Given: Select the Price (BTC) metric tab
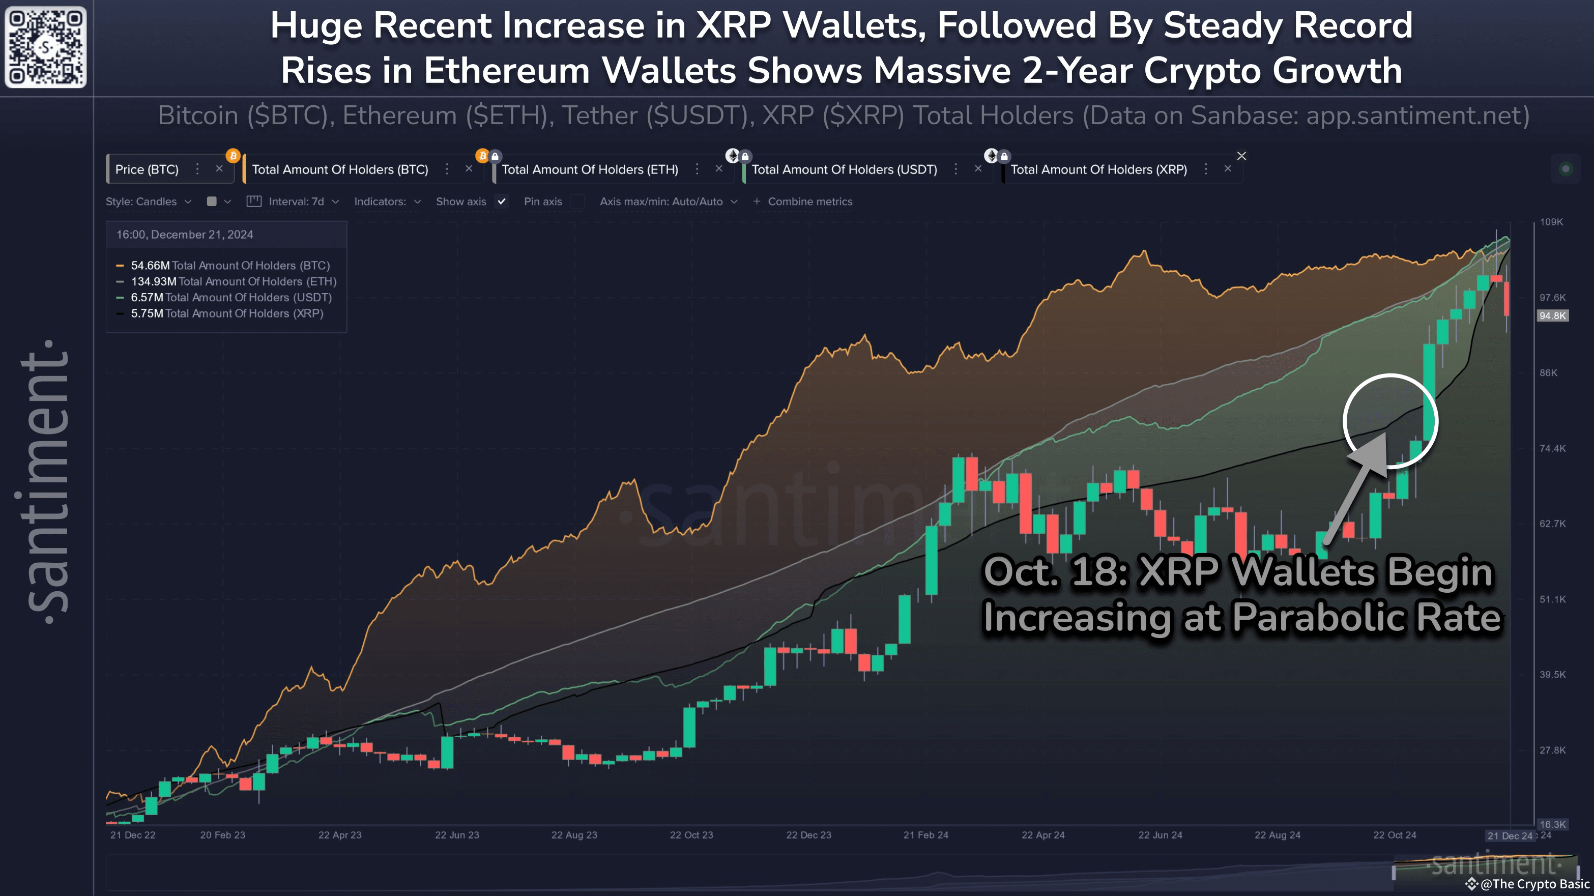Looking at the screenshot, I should [147, 169].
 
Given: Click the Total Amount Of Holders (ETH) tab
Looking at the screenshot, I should [589, 169].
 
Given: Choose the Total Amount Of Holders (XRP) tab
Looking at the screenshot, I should [1098, 169].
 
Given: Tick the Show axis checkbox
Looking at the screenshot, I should [502, 201].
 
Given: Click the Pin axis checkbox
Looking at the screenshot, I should [577, 201].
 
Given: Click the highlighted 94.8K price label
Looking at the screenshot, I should [1553, 316].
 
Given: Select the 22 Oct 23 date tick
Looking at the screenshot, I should [691, 835].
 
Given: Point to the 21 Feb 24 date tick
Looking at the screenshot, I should [925, 835].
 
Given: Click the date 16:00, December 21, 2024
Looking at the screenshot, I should [184, 235].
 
